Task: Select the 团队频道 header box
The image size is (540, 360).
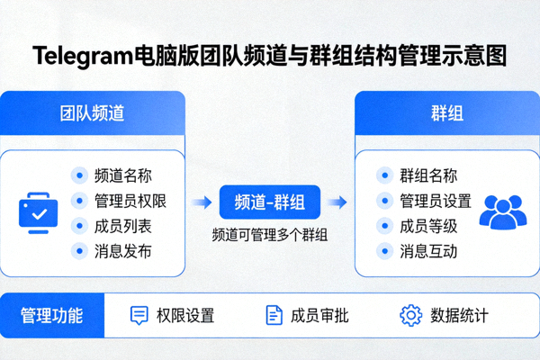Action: (x=93, y=113)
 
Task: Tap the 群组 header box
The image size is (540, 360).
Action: (x=446, y=113)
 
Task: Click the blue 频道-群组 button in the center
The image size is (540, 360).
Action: (x=269, y=203)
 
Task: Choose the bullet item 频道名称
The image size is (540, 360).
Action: (x=122, y=175)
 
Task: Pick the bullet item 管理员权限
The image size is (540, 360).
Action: (x=130, y=201)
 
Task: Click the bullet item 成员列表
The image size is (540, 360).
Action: (x=122, y=226)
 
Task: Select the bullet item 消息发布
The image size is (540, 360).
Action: (x=122, y=251)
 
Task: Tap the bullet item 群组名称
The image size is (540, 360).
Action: (x=428, y=175)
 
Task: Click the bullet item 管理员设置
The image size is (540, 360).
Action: (x=436, y=201)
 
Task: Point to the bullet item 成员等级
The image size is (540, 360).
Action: (x=428, y=226)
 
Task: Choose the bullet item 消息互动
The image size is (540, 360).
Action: (x=428, y=251)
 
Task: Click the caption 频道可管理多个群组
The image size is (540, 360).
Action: (x=269, y=236)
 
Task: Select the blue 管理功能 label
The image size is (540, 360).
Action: (x=52, y=315)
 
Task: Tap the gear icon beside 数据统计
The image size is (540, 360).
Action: (x=410, y=315)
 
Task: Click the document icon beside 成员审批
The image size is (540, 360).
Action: (x=274, y=315)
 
